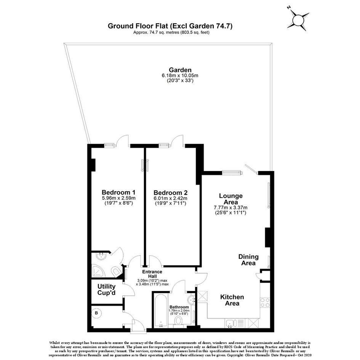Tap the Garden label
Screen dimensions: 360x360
(180, 70)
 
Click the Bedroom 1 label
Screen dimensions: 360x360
(118, 192)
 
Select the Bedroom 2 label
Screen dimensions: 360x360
(170, 192)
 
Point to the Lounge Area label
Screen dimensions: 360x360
(231, 199)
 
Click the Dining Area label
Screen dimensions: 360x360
(248, 260)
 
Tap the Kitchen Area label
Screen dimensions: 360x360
(232, 300)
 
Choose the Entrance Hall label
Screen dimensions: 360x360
(152, 274)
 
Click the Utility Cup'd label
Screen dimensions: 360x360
(106, 290)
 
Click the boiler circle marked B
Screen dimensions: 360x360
(96, 313)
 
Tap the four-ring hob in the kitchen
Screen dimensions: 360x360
(265, 302)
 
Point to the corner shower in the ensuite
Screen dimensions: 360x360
(98, 271)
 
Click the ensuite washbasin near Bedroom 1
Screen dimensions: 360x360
(101, 256)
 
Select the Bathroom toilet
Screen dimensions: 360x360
(178, 321)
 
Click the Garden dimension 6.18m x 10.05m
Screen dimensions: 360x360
(180, 75)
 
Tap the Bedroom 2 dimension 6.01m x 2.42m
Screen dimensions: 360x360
(170, 198)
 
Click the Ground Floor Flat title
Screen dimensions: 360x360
(170, 26)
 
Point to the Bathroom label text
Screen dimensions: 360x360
(179, 307)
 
